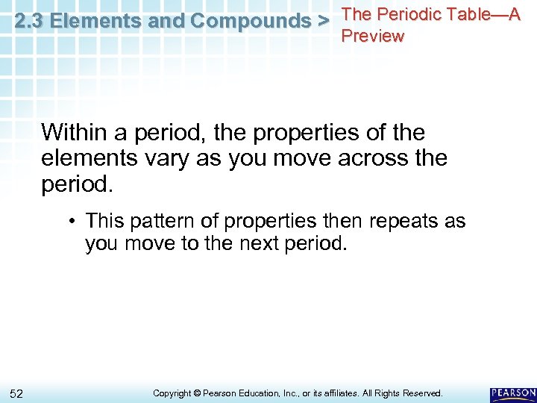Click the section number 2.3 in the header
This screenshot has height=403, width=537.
click(28, 21)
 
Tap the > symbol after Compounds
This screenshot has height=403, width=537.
click(323, 21)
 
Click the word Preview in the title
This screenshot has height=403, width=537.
click(372, 36)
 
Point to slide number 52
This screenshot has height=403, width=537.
click(17, 393)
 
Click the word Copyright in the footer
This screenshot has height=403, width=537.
click(172, 393)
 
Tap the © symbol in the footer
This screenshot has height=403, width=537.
click(198, 393)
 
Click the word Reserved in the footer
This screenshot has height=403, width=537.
click(423, 393)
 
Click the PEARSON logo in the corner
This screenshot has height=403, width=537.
click(513, 393)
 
